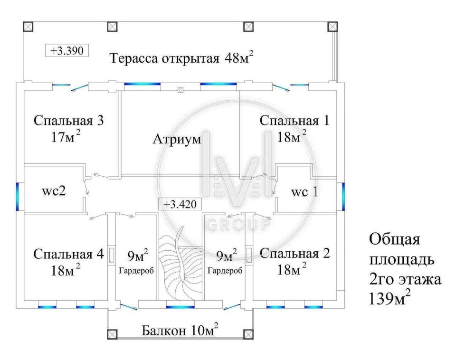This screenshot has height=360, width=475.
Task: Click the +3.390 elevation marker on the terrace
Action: click(67, 50)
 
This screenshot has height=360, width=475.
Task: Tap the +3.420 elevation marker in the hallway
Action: click(180, 204)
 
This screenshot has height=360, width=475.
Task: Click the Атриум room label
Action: click(177, 140)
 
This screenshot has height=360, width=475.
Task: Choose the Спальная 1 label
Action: click(294, 121)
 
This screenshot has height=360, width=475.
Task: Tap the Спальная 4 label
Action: click(68, 254)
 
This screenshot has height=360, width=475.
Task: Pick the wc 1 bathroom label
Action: click(304, 193)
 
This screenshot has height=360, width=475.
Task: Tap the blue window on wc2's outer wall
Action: click(18, 197)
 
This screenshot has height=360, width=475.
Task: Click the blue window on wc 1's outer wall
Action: click(342, 197)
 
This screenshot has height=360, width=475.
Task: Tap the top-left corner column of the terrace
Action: click(28, 26)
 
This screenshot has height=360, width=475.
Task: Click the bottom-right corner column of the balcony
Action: click(247, 334)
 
